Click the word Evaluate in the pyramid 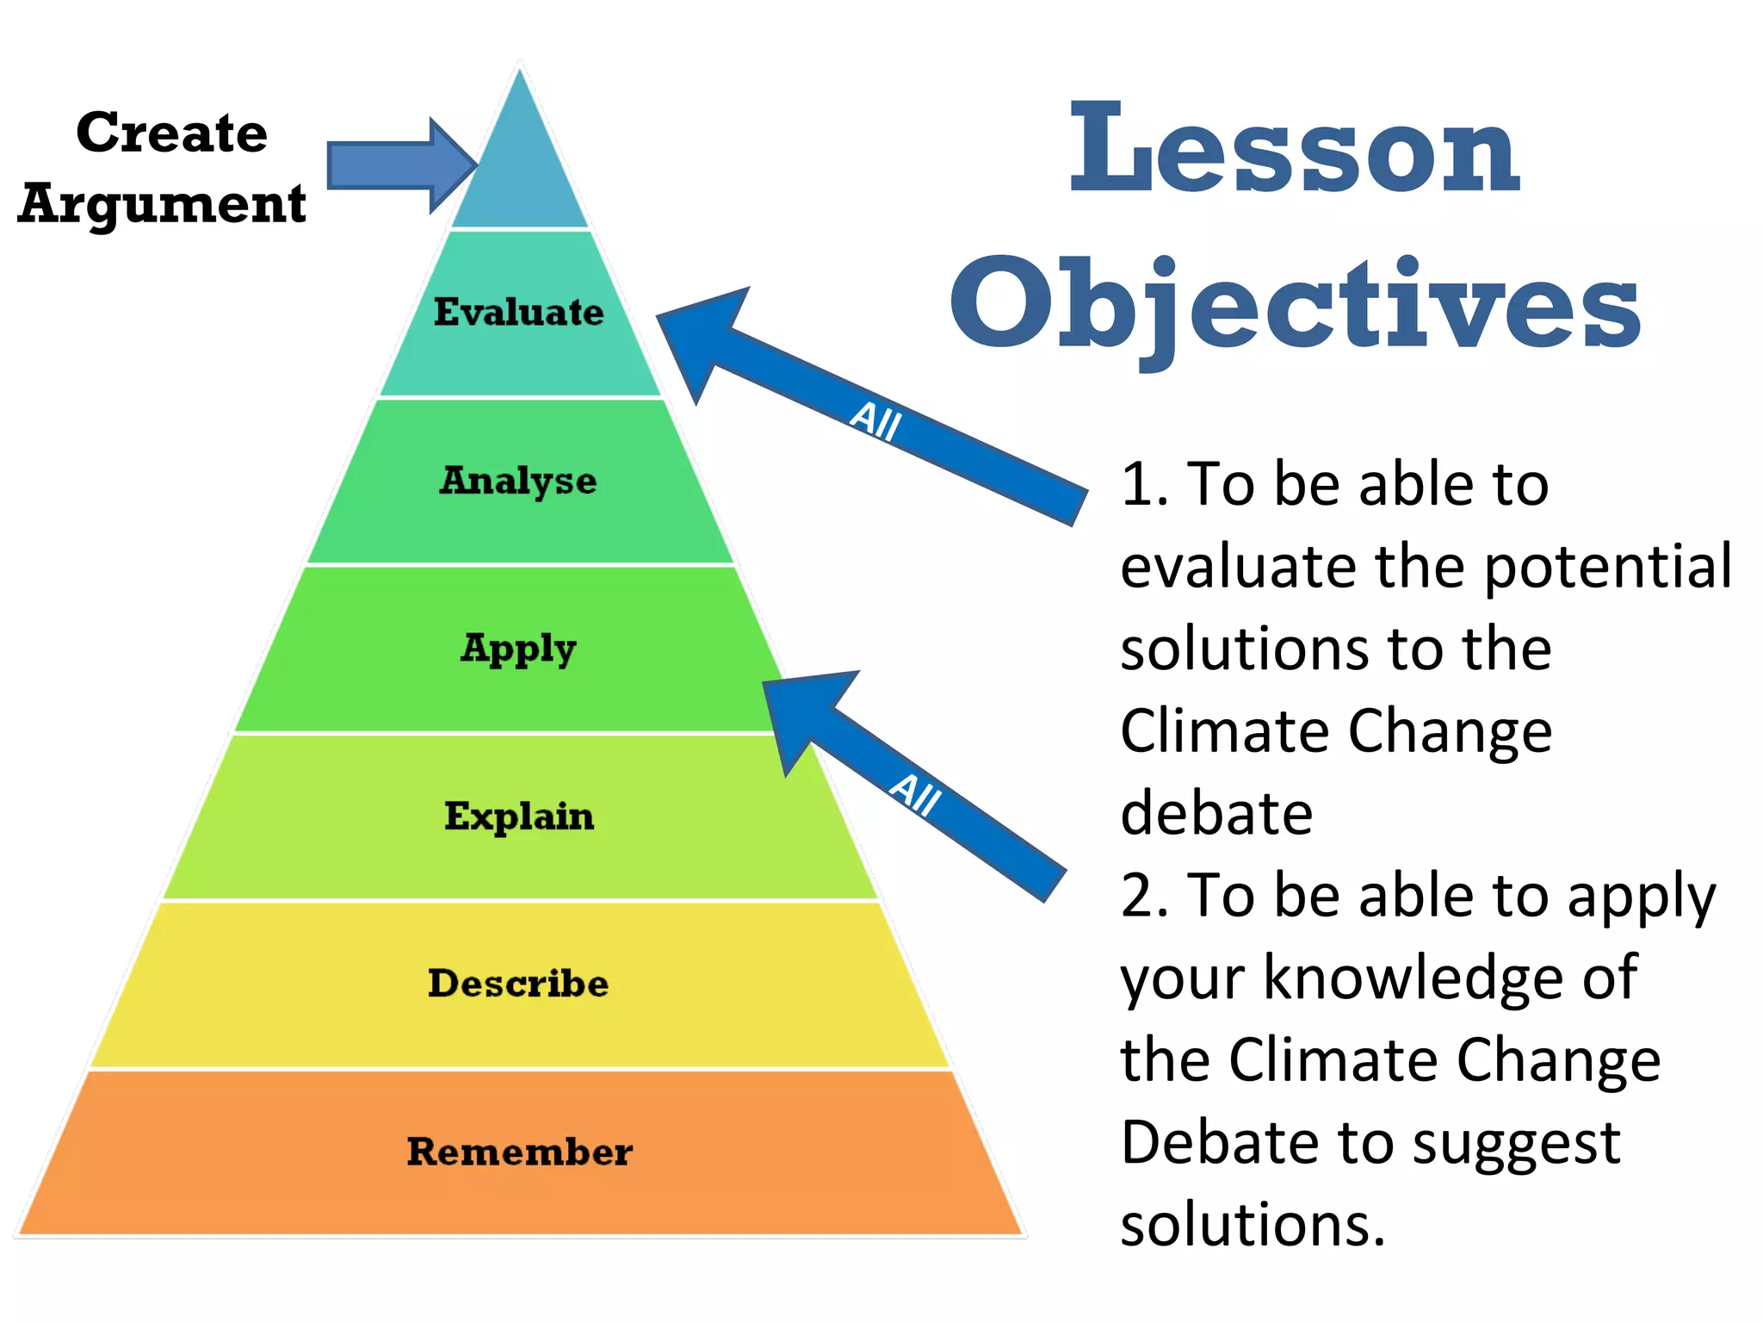click(518, 312)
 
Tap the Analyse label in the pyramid click(518, 481)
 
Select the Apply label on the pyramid click(518, 649)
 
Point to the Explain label click(519, 817)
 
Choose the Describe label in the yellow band click(518, 984)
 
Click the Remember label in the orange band click(519, 1152)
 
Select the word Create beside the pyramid click(172, 134)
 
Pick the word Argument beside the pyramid click(163, 205)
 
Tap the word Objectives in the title click(1296, 306)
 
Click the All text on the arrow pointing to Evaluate click(875, 421)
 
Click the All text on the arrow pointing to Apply click(915, 793)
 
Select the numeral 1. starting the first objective click(1144, 485)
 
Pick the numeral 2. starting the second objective click(1144, 896)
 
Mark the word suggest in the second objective click(1516, 1144)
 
